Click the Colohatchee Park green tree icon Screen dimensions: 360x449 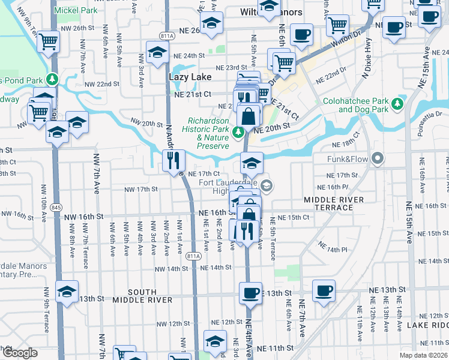pos(397,105)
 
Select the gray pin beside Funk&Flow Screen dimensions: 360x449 pos(377,159)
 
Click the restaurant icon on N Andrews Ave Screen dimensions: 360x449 pos(173,160)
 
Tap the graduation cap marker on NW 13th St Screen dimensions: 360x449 pos(67,293)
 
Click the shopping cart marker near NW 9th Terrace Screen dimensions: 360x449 pos(48,43)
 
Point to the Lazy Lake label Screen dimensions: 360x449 pos(186,77)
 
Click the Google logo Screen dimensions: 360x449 pos(19,353)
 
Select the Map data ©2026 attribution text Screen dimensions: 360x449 pos(423,356)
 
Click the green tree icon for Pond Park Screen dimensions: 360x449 pos(52,79)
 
